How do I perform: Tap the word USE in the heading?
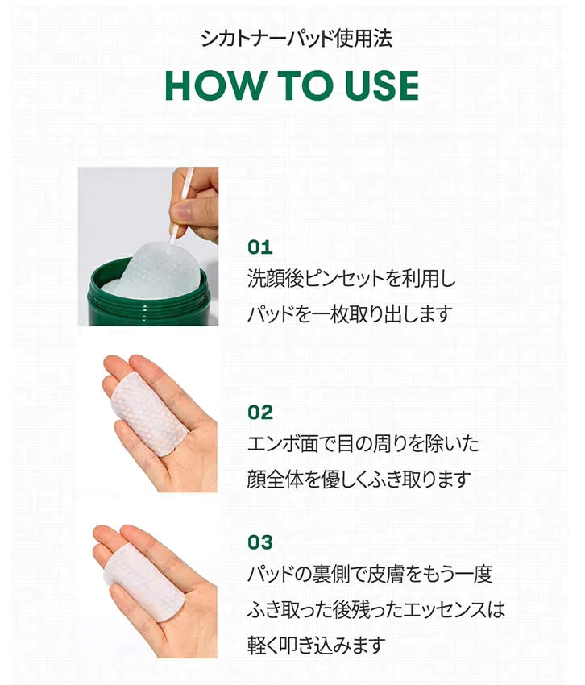[381, 85]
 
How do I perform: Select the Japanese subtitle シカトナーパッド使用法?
[297, 39]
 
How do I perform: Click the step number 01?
[260, 247]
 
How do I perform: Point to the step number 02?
[260, 412]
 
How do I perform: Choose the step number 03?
[260, 542]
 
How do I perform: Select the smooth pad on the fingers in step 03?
[144, 581]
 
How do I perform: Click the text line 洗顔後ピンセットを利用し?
[351, 278]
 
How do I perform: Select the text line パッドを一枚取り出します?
[350, 314]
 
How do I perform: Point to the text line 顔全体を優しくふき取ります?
[359, 479]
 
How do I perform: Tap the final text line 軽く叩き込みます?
[317, 645]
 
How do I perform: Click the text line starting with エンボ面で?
[363, 444]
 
